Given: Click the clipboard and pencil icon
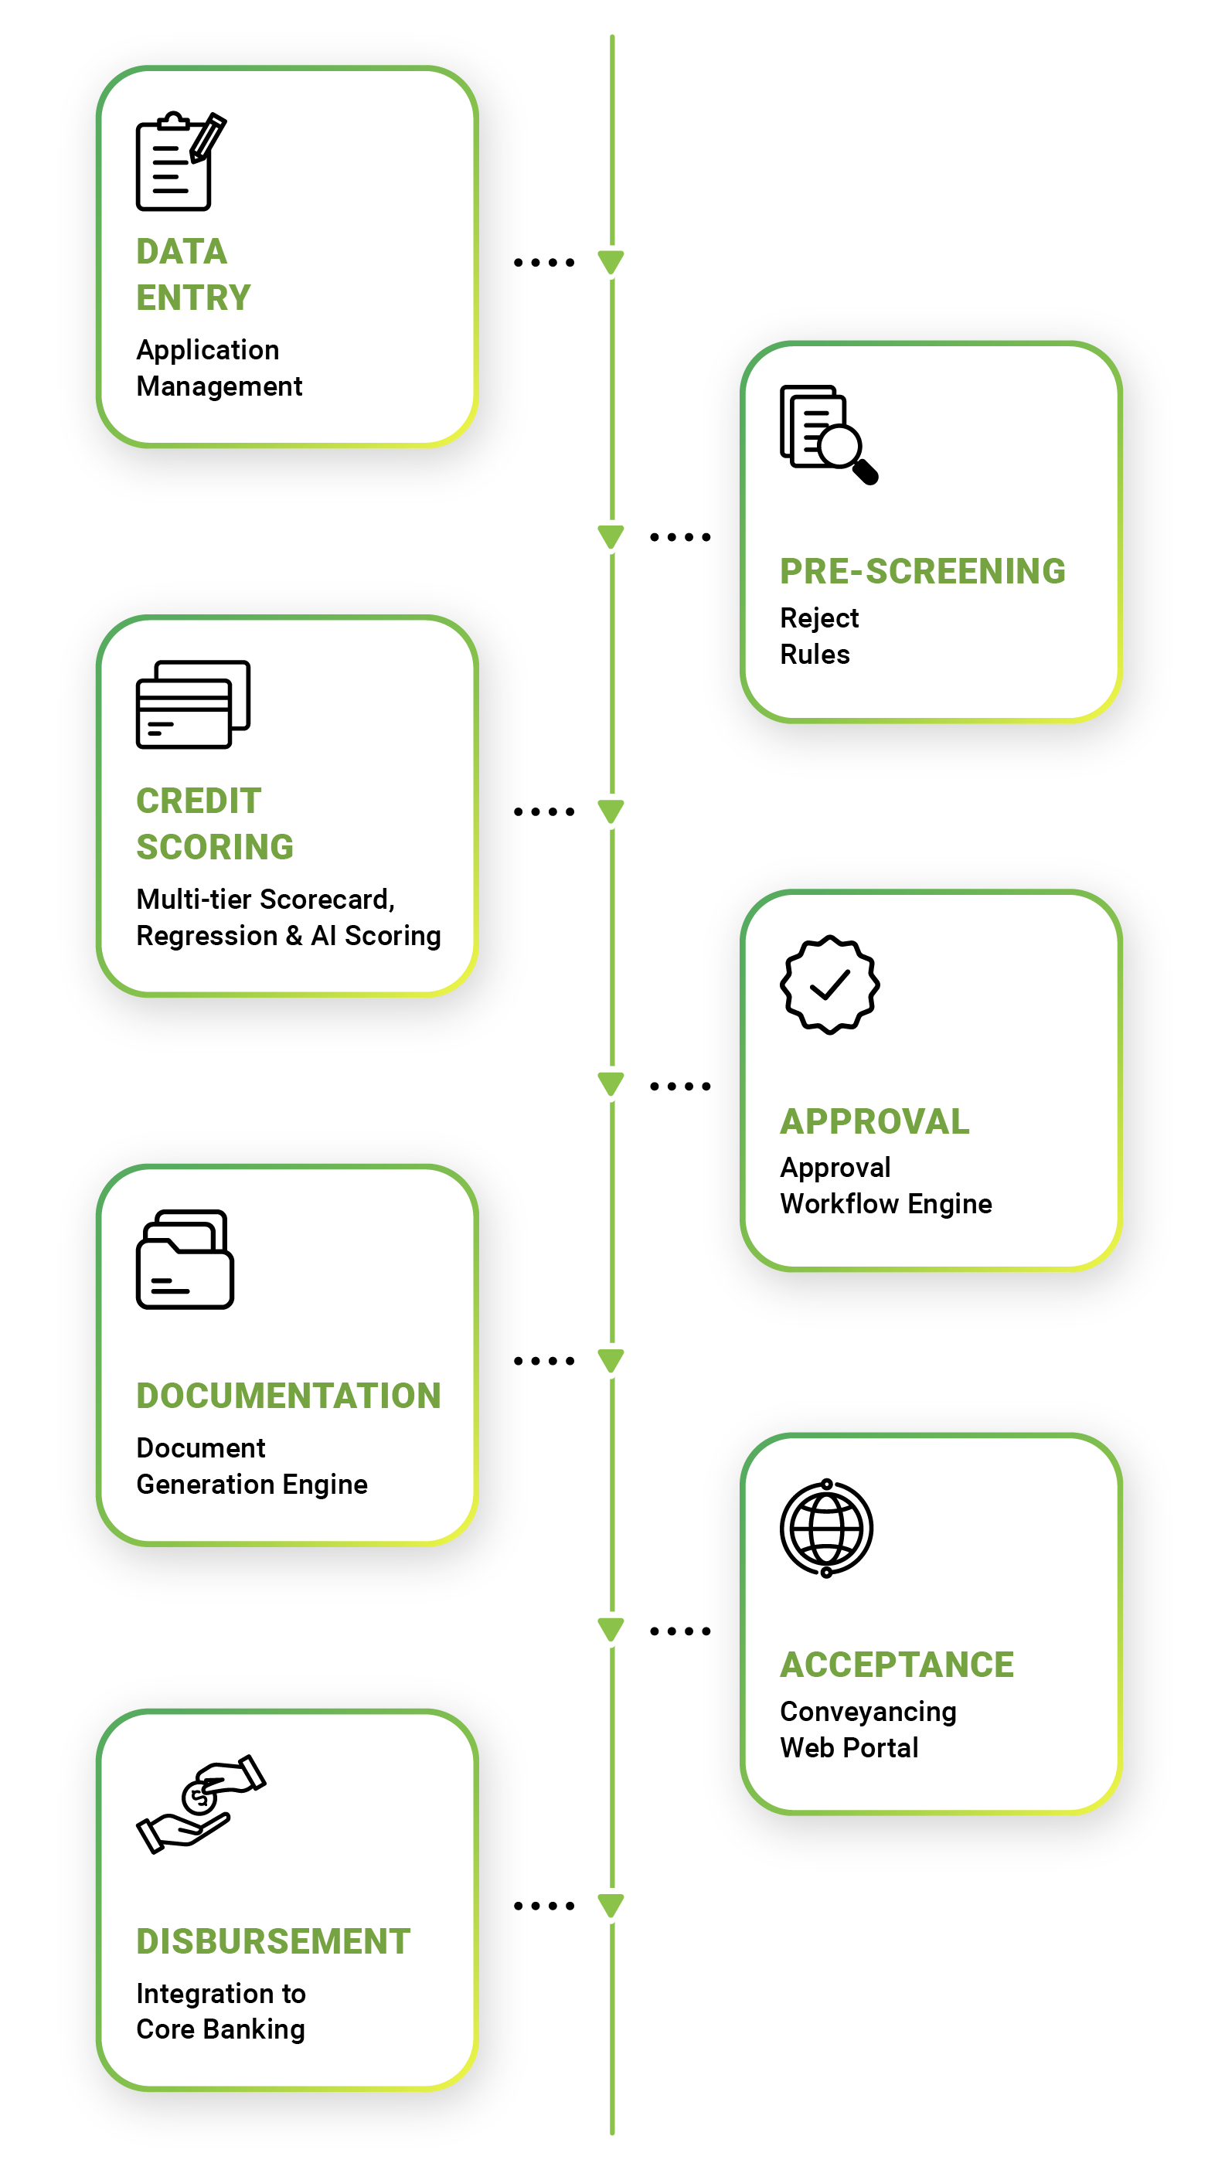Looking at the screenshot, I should tap(179, 161).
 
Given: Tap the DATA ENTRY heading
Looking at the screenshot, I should tap(193, 274).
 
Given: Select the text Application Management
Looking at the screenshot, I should tap(218, 368).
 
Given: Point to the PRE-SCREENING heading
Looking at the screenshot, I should tap(922, 571).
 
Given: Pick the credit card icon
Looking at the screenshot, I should tap(192, 704).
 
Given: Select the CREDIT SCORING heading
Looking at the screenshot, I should tap(214, 824).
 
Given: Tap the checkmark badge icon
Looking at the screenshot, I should tap(829, 984).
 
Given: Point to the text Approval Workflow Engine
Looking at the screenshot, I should tap(885, 1185).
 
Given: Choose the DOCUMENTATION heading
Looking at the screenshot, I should tap(288, 1396).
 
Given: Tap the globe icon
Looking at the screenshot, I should tap(826, 1528).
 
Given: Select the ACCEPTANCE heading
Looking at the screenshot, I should tap(897, 1665).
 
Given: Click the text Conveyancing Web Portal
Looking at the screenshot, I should tap(867, 1730).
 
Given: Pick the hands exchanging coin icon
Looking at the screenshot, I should tap(200, 1804).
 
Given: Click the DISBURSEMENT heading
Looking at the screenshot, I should tap(273, 1941).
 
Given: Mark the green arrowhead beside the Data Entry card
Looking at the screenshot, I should tap(611, 262).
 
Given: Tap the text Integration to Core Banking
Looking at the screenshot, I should tap(221, 2011).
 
